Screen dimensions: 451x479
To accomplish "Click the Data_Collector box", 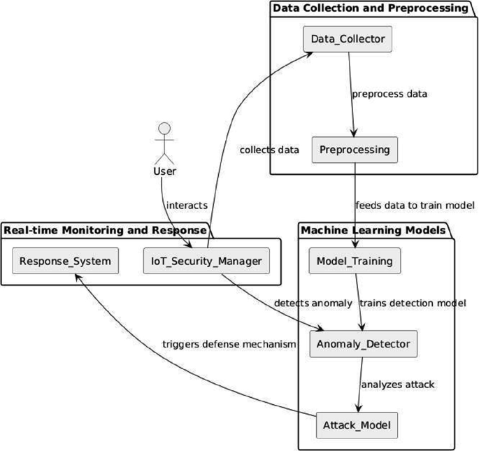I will coord(348,39).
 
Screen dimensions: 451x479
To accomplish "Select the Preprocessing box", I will coord(355,150).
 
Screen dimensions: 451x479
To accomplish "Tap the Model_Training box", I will coord(355,262).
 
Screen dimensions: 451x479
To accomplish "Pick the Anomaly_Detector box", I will coord(363,344).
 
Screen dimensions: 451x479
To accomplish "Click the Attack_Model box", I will coord(356,425).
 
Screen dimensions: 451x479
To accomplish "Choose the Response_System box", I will coord(65,262).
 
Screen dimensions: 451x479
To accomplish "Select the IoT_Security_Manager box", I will coord(206,262).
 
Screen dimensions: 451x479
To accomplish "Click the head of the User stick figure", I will coord(164,128).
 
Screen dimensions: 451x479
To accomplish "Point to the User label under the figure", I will coord(164,171).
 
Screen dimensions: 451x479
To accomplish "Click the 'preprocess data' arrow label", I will coord(389,94).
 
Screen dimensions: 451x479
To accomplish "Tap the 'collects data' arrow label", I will coord(269,150).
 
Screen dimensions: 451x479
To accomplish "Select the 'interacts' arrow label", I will coord(187,206).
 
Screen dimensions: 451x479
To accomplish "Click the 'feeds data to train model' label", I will coord(415,206).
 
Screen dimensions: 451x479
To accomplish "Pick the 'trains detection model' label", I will coord(412,303).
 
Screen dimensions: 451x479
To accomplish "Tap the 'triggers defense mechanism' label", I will coord(229,344).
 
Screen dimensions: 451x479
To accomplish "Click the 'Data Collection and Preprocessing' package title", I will coord(370,8).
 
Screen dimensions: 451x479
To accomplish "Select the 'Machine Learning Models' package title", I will coord(373,230).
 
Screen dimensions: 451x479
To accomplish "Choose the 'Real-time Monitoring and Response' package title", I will coord(105,230).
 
